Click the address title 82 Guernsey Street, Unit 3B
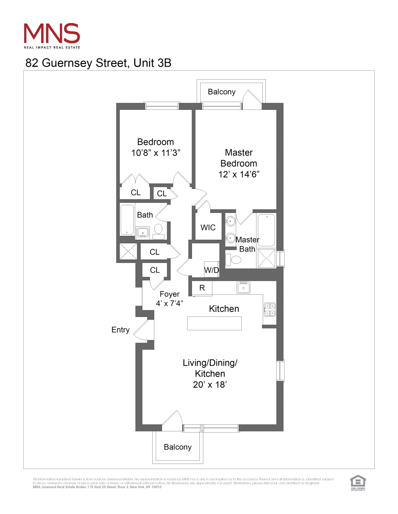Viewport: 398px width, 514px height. (x=98, y=63)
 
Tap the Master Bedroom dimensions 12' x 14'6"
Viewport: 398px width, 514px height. (x=239, y=175)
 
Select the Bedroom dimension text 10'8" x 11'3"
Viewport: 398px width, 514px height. (x=155, y=153)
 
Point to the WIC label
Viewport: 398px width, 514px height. (x=208, y=228)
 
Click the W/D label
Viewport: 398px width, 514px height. (x=212, y=270)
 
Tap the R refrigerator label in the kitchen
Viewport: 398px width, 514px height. (x=202, y=288)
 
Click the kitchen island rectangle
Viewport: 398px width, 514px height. (x=214, y=324)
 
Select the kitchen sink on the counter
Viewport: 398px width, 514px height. (x=244, y=288)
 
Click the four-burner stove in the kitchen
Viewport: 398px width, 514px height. (x=270, y=310)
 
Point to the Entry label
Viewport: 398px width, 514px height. (x=120, y=330)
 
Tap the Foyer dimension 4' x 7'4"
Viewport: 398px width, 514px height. (x=169, y=303)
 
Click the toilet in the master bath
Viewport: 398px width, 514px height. (x=235, y=260)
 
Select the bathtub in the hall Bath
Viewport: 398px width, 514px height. (x=127, y=220)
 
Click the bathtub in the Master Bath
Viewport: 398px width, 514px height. (x=267, y=230)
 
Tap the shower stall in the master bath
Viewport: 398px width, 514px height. (x=267, y=259)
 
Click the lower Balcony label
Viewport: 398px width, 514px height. (x=178, y=447)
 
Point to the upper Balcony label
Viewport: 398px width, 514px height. (x=222, y=92)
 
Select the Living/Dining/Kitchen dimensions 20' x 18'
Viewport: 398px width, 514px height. (x=210, y=385)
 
